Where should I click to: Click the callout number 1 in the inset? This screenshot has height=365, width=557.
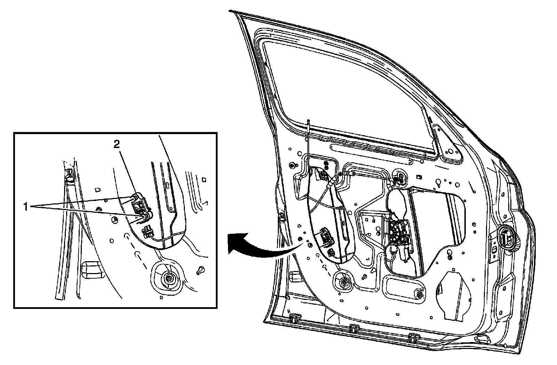click(25, 207)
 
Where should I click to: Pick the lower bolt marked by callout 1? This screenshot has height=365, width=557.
click(143, 218)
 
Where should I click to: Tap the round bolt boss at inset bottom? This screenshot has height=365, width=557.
click(169, 277)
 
